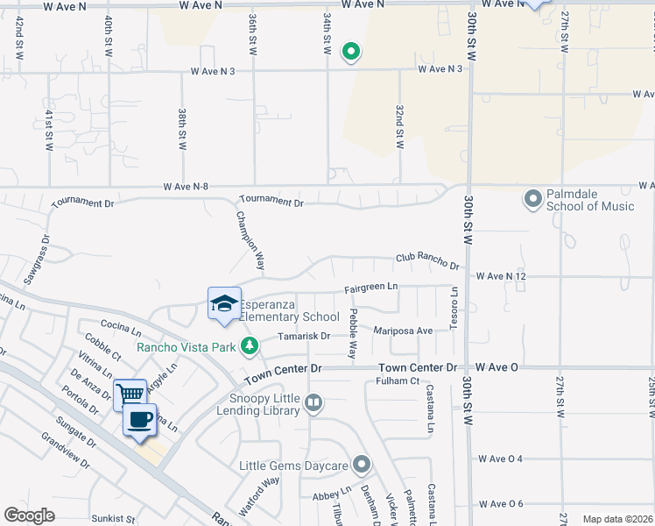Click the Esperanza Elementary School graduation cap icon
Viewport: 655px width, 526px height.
[x=223, y=303]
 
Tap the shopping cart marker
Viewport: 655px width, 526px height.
[x=130, y=394]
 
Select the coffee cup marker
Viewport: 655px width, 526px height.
[x=139, y=419]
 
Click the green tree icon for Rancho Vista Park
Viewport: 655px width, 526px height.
[x=250, y=346]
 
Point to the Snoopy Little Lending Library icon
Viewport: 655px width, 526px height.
[x=313, y=403]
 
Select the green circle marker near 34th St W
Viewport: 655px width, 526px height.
[x=350, y=52]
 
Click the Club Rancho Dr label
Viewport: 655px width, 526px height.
[x=427, y=260]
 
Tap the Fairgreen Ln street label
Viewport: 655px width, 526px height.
[x=370, y=287]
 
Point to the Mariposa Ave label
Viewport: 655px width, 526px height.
[x=404, y=331]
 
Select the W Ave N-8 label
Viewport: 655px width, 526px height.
[x=187, y=186]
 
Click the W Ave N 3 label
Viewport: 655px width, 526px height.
[x=440, y=68]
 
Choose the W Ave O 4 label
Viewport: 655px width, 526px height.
[x=500, y=458]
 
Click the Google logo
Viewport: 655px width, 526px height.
[x=30, y=515]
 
